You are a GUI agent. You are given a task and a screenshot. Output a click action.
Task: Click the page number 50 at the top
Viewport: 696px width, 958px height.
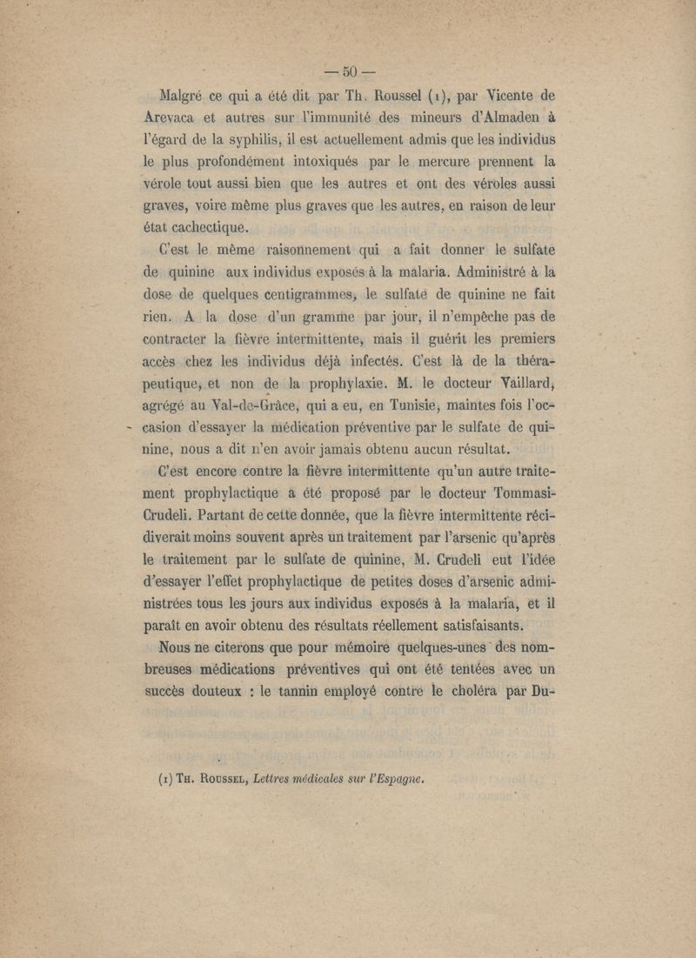(x=349, y=71)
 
